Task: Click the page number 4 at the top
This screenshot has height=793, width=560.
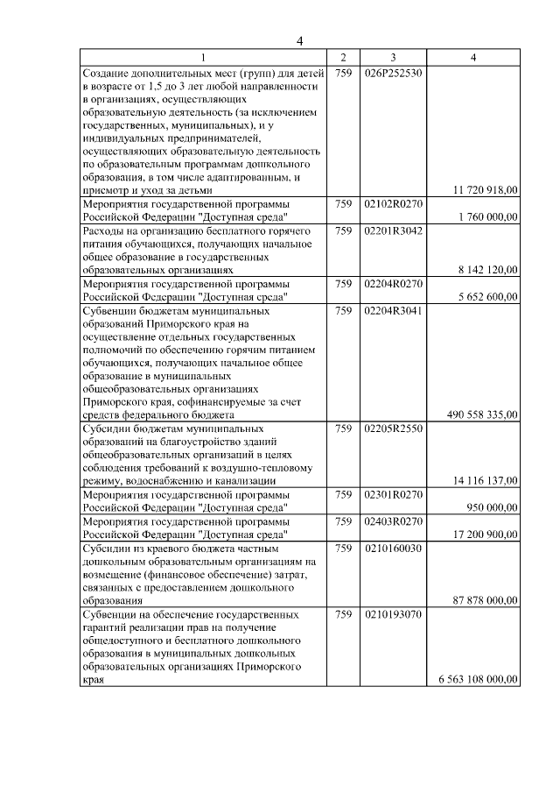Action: tap(299, 40)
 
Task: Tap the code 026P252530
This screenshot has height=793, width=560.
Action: tap(393, 73)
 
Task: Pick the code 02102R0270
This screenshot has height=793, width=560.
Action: tap(393, 203)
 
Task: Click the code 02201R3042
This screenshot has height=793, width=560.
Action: tap(393, 230)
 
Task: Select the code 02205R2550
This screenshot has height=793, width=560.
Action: tap(393, 428)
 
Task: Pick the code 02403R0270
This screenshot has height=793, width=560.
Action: tap(393, 521)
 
